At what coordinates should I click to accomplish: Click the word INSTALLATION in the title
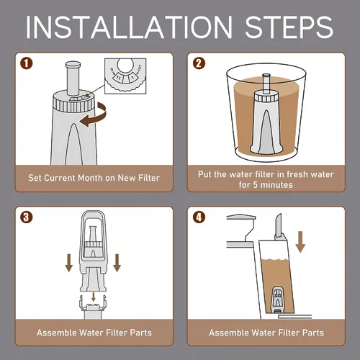click(129, 27)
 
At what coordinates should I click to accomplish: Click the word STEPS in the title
click(289, 27)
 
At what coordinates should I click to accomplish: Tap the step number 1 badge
click(26, 63)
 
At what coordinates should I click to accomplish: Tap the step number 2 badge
click(199, 63)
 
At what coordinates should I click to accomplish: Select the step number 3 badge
click(26, 217)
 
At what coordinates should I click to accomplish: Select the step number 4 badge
click(199, 217)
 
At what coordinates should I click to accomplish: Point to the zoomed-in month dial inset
click(125, 76)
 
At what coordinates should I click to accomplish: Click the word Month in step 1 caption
click(90, 178)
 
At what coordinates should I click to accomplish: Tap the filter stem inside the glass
click(266, 84)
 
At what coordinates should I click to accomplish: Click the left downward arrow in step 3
click(69, 263)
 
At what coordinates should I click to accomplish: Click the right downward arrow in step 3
click(117, 263)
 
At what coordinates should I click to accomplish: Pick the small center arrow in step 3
click(94, 297)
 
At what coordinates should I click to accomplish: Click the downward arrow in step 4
click(300, 242)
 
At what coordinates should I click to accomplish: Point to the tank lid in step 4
click(241, 217)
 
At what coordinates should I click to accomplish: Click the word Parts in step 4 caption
click(313, 333)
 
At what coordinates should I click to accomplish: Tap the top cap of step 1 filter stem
click(73, 64)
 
